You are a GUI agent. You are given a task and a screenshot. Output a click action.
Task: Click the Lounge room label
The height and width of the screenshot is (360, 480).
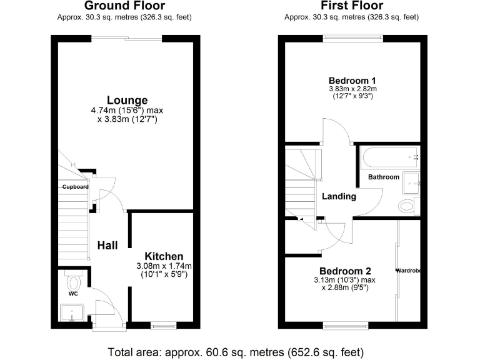[127, 100]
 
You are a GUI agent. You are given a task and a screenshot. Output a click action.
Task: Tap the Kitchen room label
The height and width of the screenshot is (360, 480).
[164, 256]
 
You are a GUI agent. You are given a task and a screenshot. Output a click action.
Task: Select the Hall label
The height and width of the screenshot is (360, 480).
[107, 246]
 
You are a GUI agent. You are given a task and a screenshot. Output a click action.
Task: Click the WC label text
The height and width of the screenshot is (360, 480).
[72, 292]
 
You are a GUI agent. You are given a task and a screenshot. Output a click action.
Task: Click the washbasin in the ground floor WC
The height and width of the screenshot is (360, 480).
[74, 312]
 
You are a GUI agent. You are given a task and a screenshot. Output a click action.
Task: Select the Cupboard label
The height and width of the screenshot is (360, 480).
[74, 187]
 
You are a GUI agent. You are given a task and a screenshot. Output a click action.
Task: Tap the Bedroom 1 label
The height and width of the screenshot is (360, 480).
[352, 80]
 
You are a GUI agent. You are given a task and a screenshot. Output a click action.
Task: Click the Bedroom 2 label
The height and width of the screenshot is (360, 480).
[345, 271]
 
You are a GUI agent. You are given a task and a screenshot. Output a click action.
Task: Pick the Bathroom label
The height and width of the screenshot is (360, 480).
[383, 177]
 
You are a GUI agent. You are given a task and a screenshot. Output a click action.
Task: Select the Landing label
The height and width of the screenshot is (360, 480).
[339, 196]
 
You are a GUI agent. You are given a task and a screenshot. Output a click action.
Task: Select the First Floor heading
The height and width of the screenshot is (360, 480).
[351, 6]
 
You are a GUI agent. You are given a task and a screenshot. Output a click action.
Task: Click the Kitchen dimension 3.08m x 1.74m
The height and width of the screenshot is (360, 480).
[164, 266]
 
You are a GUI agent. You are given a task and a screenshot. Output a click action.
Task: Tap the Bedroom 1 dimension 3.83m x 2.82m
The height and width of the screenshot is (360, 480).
[353, 89]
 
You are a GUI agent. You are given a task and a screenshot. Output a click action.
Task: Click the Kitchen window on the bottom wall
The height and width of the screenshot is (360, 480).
[164, 325]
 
